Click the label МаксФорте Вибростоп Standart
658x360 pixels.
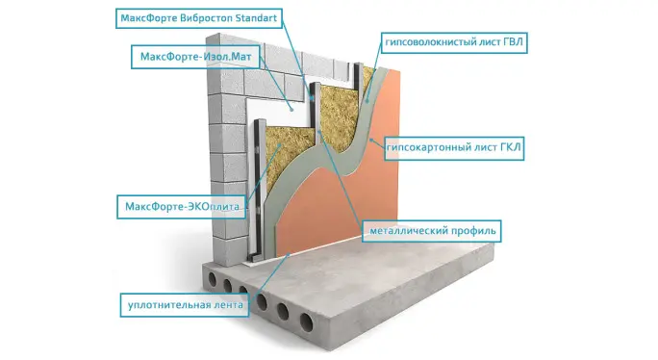tap(199, 18)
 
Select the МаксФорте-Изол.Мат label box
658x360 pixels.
tap(195, 57)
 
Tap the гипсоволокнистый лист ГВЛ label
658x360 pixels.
tap(454, 42)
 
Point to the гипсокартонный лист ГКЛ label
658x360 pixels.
tap(454, 148)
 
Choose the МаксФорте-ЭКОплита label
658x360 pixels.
tap(182, 207)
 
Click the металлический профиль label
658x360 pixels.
tap(432, 231)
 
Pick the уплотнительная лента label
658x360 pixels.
tap(185, 305)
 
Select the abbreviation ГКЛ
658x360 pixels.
tap(510, 148)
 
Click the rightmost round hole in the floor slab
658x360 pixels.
tap(306, 322)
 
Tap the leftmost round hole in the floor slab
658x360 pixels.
tap(213, 279)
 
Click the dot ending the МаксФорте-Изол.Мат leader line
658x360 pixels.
tap(292, 109)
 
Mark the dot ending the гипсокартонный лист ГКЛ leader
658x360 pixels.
tap(371, 140)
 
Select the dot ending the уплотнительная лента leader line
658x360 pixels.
tap(288, 254)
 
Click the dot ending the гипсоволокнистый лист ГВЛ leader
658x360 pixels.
tap(367, 101)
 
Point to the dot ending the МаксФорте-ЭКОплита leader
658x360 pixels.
tap(279, 145)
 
